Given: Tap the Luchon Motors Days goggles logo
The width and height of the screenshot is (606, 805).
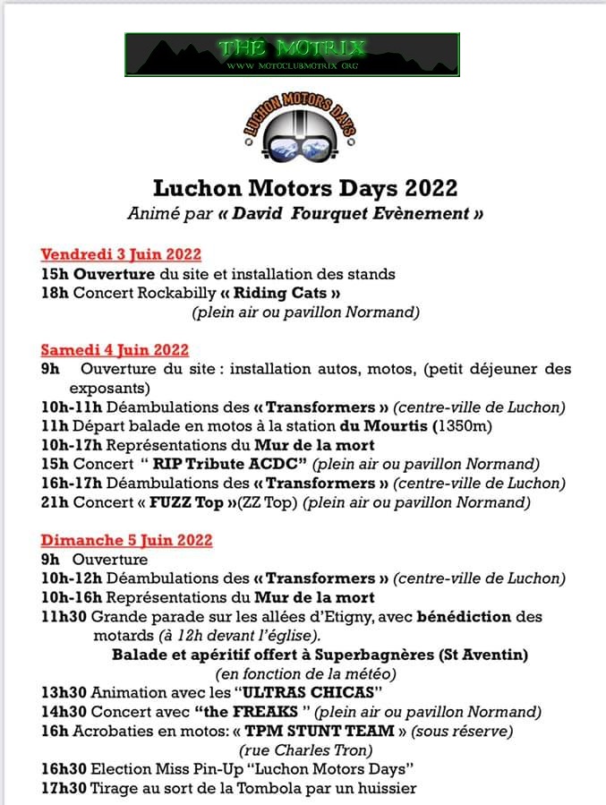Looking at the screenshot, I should click(300, 131).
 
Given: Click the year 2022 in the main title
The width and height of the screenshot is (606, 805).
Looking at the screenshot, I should click(431, 189).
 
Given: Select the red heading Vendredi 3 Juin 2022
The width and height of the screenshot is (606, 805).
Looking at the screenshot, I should click(121, 254).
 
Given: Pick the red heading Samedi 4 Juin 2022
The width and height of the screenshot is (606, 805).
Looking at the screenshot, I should click(115, 349).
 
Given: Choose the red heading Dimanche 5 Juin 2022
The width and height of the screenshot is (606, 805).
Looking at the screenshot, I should click(126, 540).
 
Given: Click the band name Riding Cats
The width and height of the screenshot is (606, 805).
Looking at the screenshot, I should click(289, 293).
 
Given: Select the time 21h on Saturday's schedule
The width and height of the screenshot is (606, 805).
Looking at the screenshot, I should click(54, 502).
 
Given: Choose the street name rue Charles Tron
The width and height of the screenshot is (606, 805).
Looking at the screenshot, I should click(306, 749).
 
